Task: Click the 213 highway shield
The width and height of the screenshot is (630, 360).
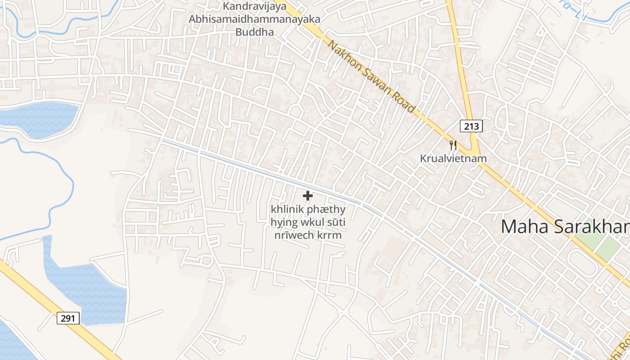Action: [471, 126]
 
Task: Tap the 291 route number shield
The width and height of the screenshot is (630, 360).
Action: [68, 318]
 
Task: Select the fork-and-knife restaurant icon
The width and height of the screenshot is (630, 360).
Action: [453, 145]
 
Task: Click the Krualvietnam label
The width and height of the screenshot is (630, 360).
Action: [453, 158]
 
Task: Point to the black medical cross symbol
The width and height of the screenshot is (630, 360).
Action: [308, 196]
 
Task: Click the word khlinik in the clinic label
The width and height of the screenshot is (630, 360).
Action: [287, 210]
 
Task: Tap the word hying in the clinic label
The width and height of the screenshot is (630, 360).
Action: [282, 222]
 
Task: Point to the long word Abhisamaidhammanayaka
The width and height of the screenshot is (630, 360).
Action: [254, 19]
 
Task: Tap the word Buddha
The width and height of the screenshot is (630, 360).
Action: [254, 32]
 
